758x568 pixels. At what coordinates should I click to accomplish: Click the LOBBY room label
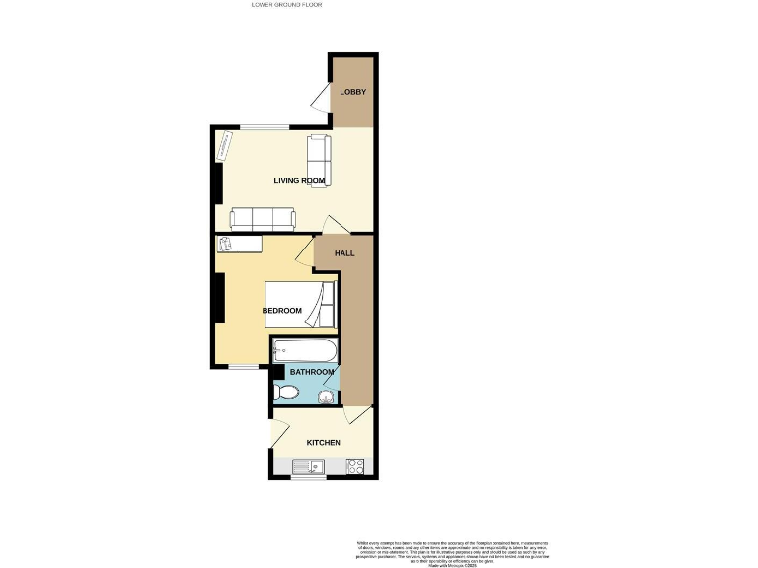tap(352, 92)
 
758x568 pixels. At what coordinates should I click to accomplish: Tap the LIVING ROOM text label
tap(299, 180)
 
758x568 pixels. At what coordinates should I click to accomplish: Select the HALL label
tap(344, 253)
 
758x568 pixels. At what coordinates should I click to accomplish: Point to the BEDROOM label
tap(281, 311)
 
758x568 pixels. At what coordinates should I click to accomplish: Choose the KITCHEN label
tap(323, 443)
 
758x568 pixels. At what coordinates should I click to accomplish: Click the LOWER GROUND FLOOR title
tap(287, 5)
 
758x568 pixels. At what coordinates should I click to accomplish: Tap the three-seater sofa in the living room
tap(262, 218)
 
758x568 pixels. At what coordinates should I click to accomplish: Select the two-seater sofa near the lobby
tap(320, 159)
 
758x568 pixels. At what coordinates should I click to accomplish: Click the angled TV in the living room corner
tap(224, 145)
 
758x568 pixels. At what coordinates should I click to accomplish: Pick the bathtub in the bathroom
tap(305, 350)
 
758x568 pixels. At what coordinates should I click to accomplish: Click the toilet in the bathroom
tap(286, 392)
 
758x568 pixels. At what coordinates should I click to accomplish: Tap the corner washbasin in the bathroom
tap(327, 396)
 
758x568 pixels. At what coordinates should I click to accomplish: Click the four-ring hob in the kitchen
tap(355, 465)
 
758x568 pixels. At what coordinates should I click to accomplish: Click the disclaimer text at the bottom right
tap(451, 551)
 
